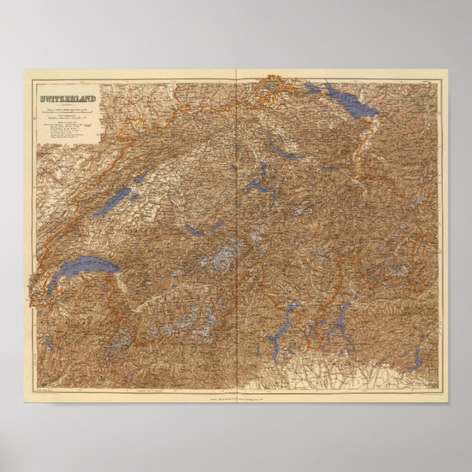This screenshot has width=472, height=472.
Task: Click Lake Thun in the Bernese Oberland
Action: [193, 230]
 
